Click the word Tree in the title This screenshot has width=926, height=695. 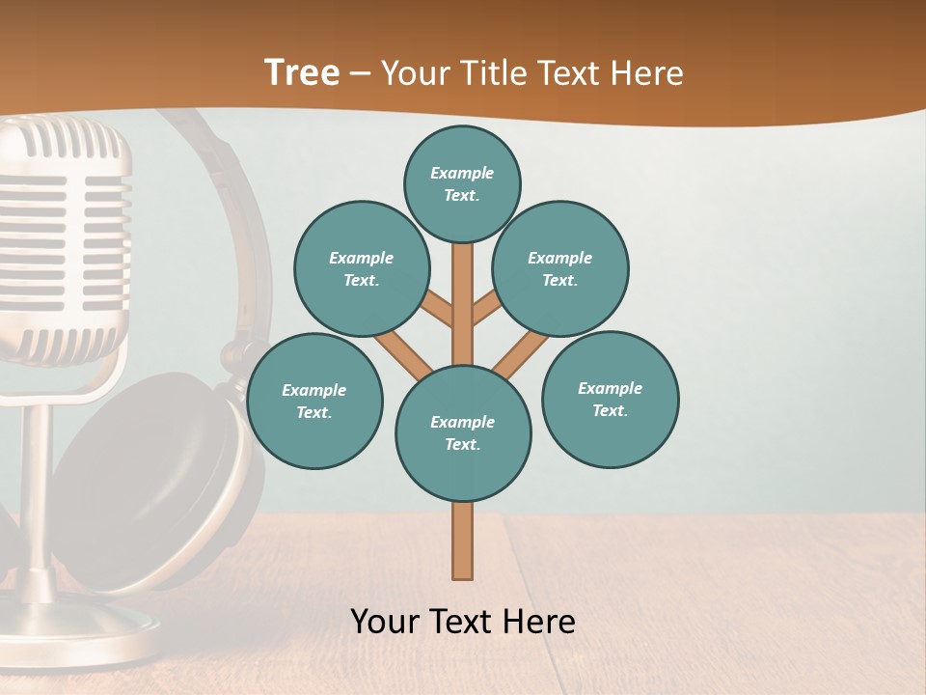pyautogui.click(x=302, y=72)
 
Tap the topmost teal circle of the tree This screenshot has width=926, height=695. pyautogui.click(x=462, y=183)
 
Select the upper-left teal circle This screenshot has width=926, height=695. pyautogui.click(x=361, y=268)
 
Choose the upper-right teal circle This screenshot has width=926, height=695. pyautogui.click(x=559, y=268)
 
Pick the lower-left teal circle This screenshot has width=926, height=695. pyautogui.click(x=313, y=401)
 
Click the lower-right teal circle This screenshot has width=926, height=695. pyautogui.click(x=610, y=399)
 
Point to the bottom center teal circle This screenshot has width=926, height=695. pyautogui.click(x=463, y=432)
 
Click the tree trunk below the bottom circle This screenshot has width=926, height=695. pyautogui.click(x=463, y=541)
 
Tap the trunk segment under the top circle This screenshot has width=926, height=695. pyautogui.click(x=463, y=299)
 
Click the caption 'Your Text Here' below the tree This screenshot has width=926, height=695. pyautogui.click(x=463, y=621)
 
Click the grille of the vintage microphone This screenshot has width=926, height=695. pyautogui.click(x=68, y=232)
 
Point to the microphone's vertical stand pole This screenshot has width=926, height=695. pyautogui.click(x=36, y=483)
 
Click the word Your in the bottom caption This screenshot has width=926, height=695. pyautogui.click(x=385, y=621)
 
